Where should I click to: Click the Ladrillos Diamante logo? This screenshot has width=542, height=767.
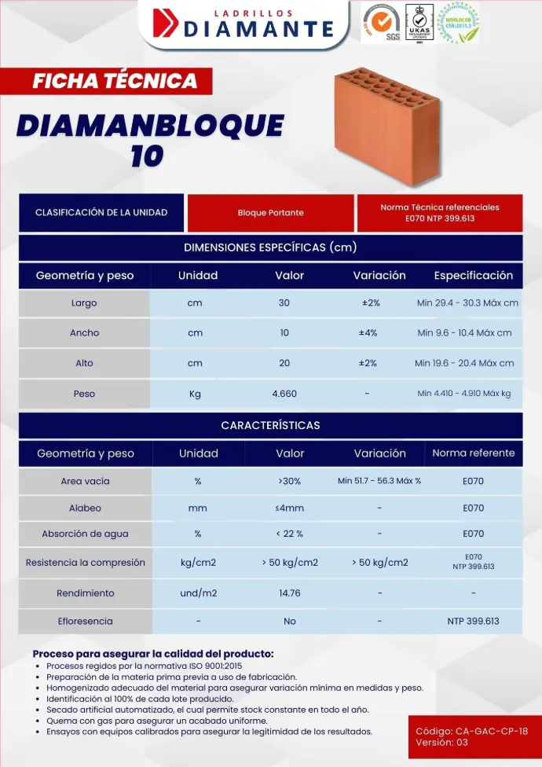(244, 24)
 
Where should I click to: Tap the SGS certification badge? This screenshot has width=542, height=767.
(379, 22)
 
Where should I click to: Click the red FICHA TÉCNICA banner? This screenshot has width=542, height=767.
(115, 80)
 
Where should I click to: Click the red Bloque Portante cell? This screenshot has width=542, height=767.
(270, 213)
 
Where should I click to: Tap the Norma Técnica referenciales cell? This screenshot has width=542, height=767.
(439, 213)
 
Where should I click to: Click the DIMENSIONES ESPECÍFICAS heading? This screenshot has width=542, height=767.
(270, 248)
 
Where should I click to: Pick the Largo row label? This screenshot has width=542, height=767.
(84, 303)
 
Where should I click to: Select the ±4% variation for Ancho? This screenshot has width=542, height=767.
(368, 332)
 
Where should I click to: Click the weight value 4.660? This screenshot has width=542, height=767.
(284, 394)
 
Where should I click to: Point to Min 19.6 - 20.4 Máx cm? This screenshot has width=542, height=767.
(464, 363)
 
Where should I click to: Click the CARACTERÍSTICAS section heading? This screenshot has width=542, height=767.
(270, 425)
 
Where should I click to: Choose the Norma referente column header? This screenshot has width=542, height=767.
(473, 453)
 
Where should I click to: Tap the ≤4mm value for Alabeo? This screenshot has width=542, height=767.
(289, 508)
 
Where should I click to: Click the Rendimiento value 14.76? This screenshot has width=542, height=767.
(289, 593)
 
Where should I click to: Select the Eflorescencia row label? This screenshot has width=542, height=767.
(85, 621)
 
